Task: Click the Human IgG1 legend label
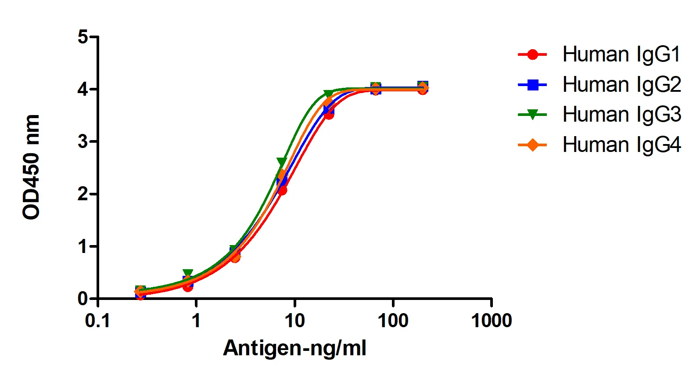point(621,54)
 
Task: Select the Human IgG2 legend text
point(621,84)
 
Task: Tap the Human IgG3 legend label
point(621,114)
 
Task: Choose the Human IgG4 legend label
point(621,144)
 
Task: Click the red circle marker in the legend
point(532,54)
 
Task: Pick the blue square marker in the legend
point(532,84)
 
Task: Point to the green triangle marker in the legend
point(532,115)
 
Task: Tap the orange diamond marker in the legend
point(532,144)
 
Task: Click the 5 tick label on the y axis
point(83,37)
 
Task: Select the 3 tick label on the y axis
point(83,141)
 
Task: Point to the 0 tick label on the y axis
point(83,299)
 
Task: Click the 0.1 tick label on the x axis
point(97,321)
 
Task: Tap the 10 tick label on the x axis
point(294,321)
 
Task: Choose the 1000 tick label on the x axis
point(491,321)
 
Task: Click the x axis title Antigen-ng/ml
point(294,348)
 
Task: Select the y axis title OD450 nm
point(31,167)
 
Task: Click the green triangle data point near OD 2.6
point(282,162)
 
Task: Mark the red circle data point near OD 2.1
point(282,191)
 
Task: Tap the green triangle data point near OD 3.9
point(328,94)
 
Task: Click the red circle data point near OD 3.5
point(329,115)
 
